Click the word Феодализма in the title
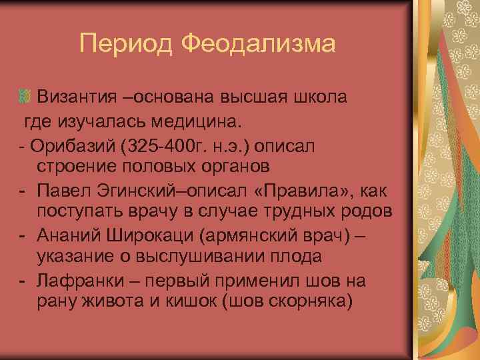pyautogui.click(x=257, y=45)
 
